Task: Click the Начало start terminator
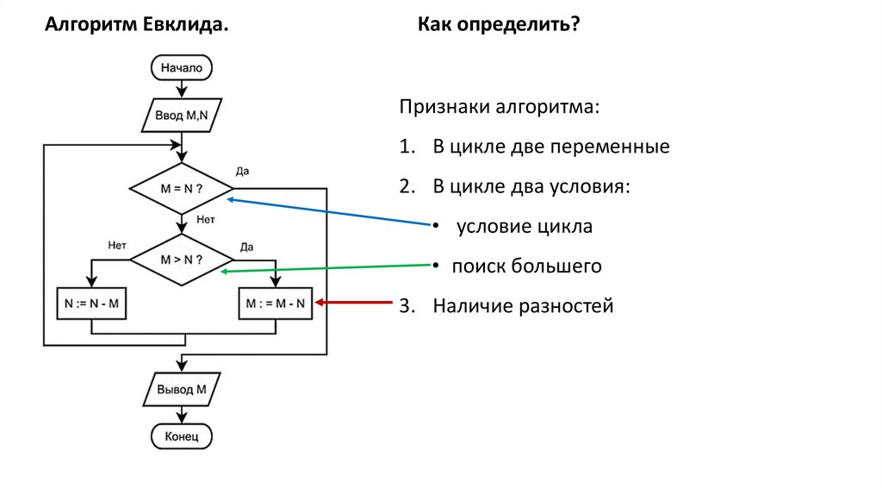tap(181, 67)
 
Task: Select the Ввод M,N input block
tap(181, 116)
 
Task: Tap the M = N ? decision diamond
tap(181, 188)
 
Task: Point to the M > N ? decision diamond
tap(181, 258)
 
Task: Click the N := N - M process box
tap(90, 304)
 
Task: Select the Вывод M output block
tap(181, 389)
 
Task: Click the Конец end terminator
tap(181, 437)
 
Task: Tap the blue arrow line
tap(327, 212)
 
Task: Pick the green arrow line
tap(327, 268)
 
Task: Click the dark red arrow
tap(353, 303)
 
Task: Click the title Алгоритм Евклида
tap(137, 25)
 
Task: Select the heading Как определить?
tap(499, 25)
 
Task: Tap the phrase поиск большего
tap(527, 266)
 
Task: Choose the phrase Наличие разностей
tap(523, 306)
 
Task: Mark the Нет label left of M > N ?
tap(118, 246)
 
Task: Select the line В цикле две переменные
tap(550, 147)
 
